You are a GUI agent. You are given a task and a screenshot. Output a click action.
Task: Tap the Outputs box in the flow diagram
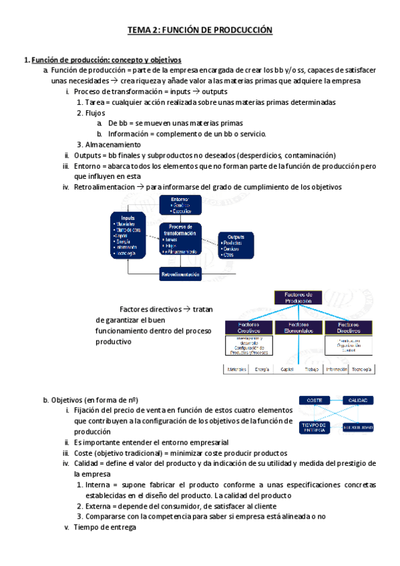(237, 245)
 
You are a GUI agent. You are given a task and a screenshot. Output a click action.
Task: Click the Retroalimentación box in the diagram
(180, 274)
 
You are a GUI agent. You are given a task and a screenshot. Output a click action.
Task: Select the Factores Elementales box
(297, 327)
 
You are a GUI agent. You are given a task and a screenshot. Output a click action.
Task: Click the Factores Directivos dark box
(348, 327)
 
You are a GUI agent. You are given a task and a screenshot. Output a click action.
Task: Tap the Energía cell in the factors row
(262, 369)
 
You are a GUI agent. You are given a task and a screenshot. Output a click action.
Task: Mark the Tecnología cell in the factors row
(363, 369)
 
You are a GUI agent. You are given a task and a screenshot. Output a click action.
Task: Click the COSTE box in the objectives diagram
(314, 400)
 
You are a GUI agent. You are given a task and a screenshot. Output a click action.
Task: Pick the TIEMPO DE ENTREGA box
(313, 427)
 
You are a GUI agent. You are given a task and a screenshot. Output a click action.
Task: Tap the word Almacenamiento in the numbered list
(113, 144)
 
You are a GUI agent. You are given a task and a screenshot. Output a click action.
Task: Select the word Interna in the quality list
(99, 485)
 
